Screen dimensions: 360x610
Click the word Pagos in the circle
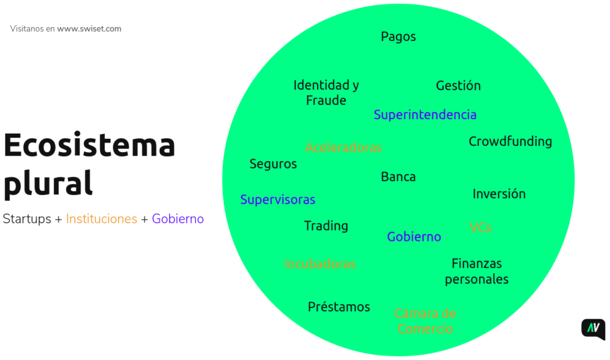[399, 37]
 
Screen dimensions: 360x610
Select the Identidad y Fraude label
[326, 92]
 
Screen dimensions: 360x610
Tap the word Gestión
[458, 86]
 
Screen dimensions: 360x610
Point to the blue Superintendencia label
[425, 114]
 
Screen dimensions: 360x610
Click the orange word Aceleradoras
[343, 147]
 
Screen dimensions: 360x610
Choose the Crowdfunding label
[510, 142]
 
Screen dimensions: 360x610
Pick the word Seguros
[273, 164]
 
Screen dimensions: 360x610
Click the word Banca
[398, 177]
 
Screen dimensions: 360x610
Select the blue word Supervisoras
[278, 200]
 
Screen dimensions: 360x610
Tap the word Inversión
[499, 194]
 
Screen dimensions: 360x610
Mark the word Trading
[326, 226]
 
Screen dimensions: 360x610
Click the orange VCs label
[480, 228]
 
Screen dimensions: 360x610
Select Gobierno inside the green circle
[414, 237]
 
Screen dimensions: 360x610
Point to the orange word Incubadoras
[320, 263]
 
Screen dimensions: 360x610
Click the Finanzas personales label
[477, 271]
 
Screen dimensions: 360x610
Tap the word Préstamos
[339, 307]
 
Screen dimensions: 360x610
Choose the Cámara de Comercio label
[425, 321]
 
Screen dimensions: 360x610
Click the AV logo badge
[593, 329]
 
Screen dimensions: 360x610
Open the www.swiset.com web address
[89, 29]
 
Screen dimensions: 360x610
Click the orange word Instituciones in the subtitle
[101, 219]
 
